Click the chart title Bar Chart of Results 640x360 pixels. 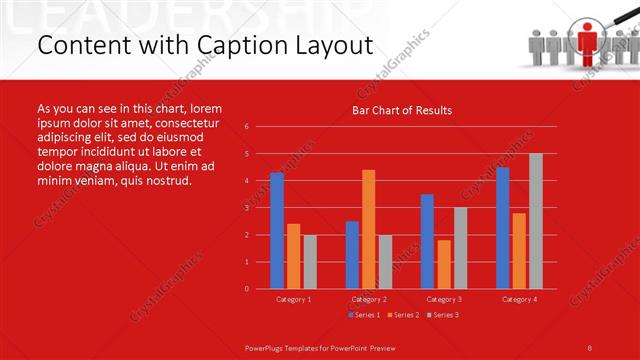[x=402, y=110]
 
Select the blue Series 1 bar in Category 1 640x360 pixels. [x=277, y=231]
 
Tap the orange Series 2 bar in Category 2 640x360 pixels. [x=368, y=229]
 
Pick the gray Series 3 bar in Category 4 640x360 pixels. [x=535, y=221]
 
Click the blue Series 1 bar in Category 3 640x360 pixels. [x=427, y=241]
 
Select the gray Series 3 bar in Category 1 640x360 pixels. [x=310, y=261]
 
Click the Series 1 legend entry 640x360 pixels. [x=363, y=315]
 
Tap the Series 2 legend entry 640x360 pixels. [x=402, y=315]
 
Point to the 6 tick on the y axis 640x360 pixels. [x=247, y=127]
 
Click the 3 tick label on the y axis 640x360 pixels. [x=247, y=208]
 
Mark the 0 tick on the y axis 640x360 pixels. [x=247, y=289]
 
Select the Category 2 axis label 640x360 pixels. [x=367, y=299]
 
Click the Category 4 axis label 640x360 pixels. [x=518, y=299]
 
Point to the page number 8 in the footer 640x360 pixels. [x=590, y=346]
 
